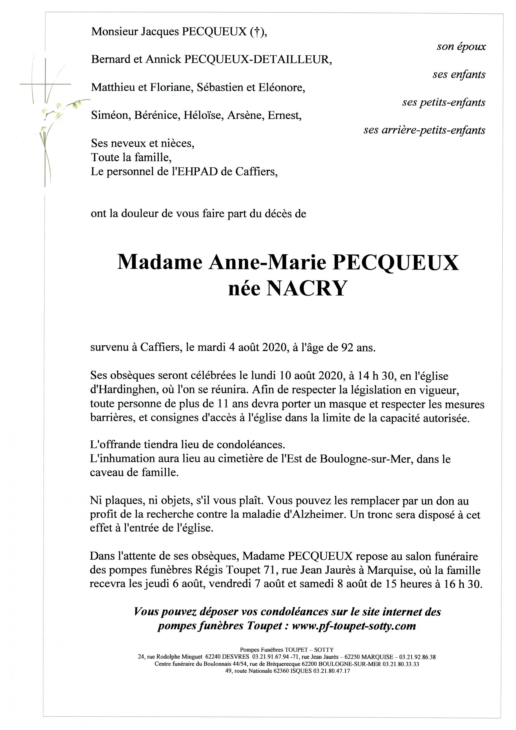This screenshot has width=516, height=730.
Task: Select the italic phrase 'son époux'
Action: tap(461, 47)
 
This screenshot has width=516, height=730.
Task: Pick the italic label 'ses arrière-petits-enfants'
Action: tap(424, 130)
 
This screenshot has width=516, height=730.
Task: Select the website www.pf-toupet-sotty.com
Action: tap(354, 626)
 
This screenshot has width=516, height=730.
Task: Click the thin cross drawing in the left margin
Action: tap(45, 84)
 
